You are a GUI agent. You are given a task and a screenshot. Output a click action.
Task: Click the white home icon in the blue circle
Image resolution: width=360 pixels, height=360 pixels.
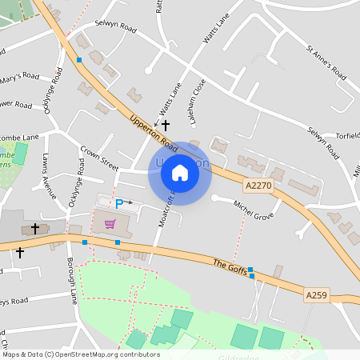pyautogui.click(x=180, y=172)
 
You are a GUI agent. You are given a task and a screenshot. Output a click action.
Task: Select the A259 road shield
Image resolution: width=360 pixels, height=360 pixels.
pyautogui.click(x=317, y=295)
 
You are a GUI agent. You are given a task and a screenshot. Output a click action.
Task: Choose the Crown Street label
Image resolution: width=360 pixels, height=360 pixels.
pyautogui.click(x=99, y=157)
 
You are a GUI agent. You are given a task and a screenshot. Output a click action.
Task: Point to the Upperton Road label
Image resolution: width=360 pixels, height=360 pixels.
pyautogui.click(x=153, y=132)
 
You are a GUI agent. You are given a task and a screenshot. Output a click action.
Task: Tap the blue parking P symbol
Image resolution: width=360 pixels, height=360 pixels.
pyautogui.click(x=119, y=204)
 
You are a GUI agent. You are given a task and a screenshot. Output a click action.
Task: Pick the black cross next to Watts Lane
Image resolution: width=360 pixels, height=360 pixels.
pyautogui.click(x=166, y=126)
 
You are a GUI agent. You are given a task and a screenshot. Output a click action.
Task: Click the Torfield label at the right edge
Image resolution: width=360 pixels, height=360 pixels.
pyautogui.click(x=346, y=135)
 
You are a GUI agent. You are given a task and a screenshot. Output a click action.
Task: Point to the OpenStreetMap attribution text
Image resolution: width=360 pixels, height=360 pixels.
pyautogui.click(x=80, y=354)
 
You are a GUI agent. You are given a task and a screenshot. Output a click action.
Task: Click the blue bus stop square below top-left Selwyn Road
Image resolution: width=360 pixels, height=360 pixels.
pyautogui.click(x=79, y=59)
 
